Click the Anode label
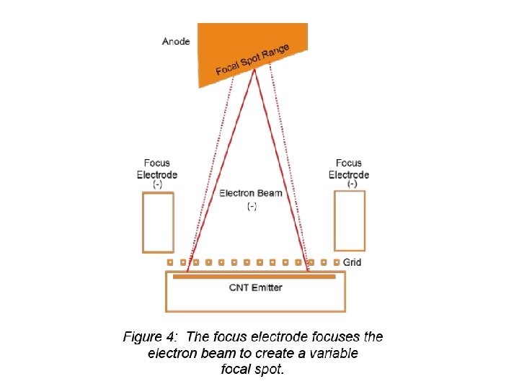click(x=176, y=41)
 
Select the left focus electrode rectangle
click(x=158, y=223)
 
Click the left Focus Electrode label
click(x=157, y=169)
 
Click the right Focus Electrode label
click(x=350, y=169)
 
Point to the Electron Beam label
click(x=251, y=193)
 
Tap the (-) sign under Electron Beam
click(x=252, y=207)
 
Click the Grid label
click(x=352, y=263)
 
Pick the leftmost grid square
click(x=170, y=262)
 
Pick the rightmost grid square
click(x=337, y=262)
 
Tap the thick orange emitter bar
click(x=254, y=276)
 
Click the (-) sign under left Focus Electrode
click(x=157, y=184)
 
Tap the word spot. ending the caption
click(x=270, y=370)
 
